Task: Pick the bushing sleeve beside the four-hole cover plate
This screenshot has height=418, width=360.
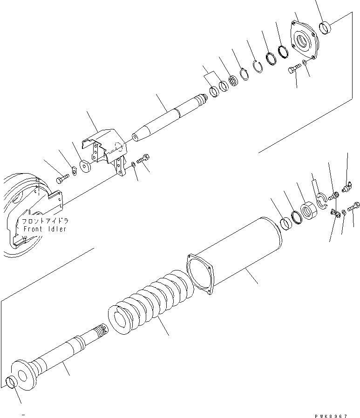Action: pos(326,28)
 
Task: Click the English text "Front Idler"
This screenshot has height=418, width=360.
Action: pos(44,229)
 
